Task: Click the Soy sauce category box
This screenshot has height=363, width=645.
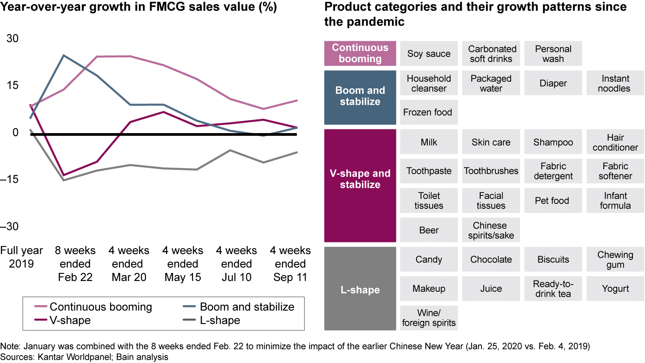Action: [x=429, y=54]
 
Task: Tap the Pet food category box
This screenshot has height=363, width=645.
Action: [x=552, y=201]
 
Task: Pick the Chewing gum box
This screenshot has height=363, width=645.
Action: [x=615, y=259]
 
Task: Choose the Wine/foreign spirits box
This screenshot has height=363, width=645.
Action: [x=429, y=318]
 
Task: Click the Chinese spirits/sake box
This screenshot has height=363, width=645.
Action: [x=491, y=230]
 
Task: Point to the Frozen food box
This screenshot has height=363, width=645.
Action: [x=428, y=112]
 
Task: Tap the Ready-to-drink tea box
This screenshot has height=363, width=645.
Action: [x=553, y=289]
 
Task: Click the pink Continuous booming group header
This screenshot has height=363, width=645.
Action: [x=360, y=53]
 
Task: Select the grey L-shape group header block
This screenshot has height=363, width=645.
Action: [x=360, y=290]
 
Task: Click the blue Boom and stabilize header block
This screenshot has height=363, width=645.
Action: [x=360, y=96]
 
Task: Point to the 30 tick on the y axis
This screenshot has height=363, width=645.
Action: [x=12, y=39]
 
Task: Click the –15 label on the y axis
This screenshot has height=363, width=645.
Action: [x=11, y=179]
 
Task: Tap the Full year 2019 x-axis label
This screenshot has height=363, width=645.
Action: [x=21, y=257]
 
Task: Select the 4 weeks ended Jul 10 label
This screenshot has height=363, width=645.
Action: [x=236, y=264]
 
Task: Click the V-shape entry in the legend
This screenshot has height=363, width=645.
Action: [x=69, y=320]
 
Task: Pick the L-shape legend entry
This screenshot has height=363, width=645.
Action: [x=219, y=320]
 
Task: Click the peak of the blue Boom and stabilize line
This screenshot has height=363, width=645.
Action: [x=64, y=55]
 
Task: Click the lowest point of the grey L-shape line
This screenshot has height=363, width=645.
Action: [x=64, y=180]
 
